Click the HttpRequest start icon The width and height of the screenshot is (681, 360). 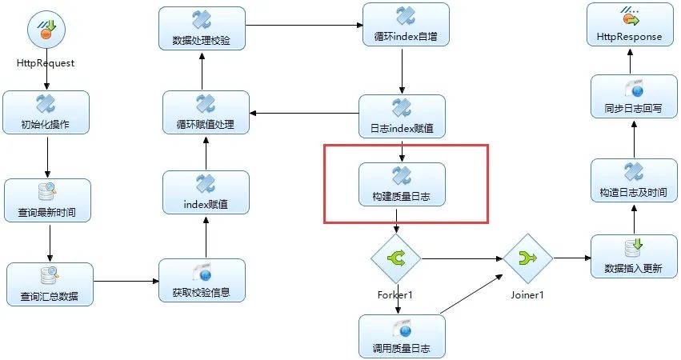46,32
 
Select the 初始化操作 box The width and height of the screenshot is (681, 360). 46,113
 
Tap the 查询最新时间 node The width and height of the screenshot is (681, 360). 48,201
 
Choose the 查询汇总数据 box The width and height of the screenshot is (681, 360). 50,285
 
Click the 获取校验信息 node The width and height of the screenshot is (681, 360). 202,281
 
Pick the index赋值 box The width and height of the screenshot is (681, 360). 206,193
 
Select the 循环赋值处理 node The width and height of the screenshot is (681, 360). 206,113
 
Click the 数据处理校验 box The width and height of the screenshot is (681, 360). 201,28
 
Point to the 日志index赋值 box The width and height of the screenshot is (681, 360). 402,117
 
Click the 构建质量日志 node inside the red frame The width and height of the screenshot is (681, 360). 402,184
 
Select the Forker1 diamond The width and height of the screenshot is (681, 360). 395,258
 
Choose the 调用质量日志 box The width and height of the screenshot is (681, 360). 402,335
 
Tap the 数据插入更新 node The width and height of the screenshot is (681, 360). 634,257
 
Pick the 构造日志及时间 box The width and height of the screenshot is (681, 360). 633,181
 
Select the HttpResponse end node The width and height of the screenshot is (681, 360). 629,25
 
